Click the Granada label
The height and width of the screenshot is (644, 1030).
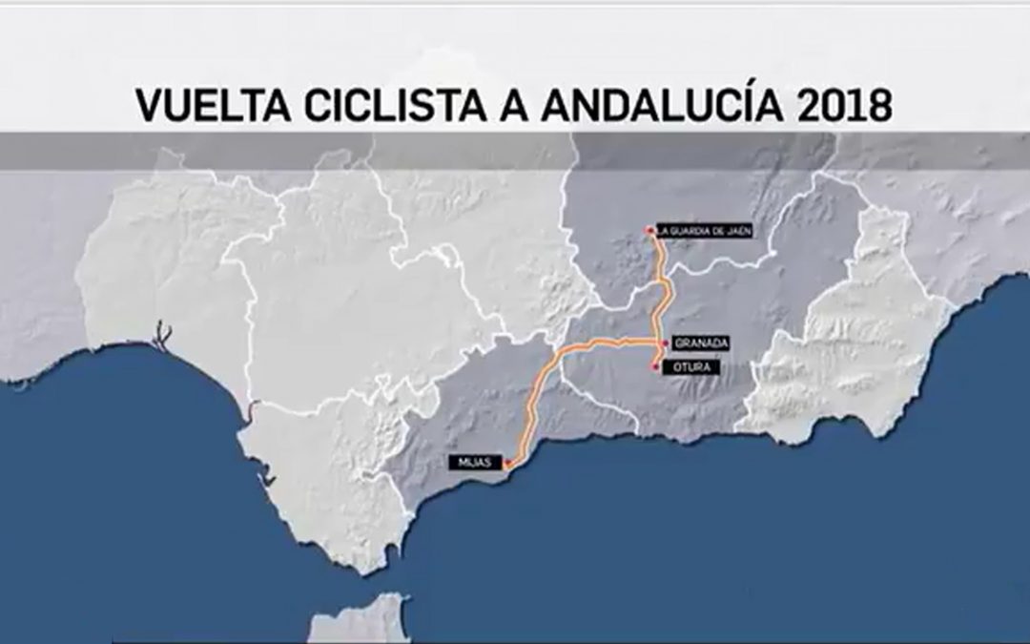[701, 343]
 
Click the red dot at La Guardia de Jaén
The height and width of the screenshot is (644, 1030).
[649, 230]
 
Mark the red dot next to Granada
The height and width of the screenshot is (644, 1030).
[665, 343]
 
